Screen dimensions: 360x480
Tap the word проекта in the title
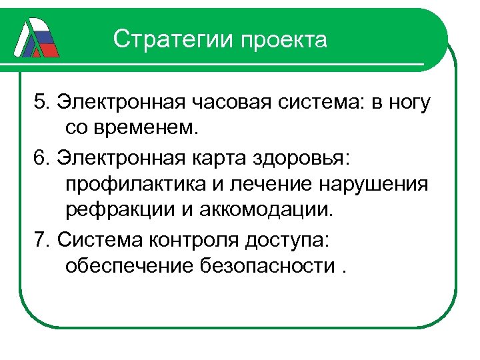285,40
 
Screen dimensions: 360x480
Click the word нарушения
373,185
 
